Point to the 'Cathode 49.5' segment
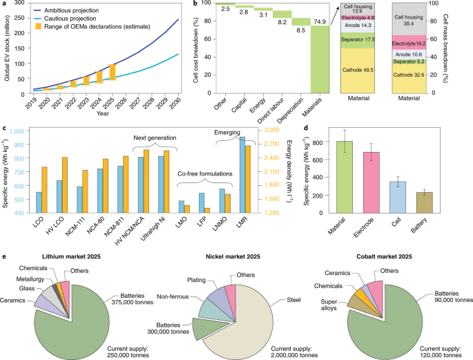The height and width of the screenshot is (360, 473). (x=363, y=70)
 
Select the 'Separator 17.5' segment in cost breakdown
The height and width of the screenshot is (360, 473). (x=363, y=40)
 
